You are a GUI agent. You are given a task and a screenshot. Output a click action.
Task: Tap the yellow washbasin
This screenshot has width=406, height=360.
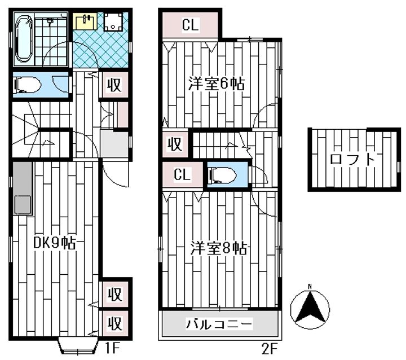point(85,21)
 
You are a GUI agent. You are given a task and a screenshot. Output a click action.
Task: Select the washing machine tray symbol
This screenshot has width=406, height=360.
point(113,22)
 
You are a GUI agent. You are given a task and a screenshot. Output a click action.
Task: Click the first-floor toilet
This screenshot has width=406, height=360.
point(28,85)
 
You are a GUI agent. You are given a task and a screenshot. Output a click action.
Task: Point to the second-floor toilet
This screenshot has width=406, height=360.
point(223,175)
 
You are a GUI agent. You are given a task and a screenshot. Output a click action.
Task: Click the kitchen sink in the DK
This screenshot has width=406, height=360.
point(23,204)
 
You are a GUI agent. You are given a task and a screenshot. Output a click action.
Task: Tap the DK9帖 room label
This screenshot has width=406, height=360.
point(54,243)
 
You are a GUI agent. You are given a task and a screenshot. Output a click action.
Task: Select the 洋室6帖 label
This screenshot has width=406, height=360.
point(216,84)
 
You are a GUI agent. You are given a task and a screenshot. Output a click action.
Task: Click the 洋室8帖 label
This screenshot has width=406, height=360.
point(219,248)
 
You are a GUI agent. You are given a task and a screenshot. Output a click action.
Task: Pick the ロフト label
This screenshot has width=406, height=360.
point(352,159)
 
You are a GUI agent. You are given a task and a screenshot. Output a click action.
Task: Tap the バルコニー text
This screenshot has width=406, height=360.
point(219,324)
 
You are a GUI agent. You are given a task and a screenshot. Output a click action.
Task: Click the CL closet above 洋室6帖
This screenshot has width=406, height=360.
point(191,25)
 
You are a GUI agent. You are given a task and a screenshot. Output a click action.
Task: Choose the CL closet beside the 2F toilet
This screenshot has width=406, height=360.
point(183,174)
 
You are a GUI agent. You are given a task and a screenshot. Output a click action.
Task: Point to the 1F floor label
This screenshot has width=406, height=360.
point(112,349)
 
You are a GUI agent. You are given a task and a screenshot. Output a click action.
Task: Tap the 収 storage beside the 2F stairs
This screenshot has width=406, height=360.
point(175,144)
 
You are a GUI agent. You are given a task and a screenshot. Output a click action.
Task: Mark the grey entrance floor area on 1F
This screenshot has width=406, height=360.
point(114,144)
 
